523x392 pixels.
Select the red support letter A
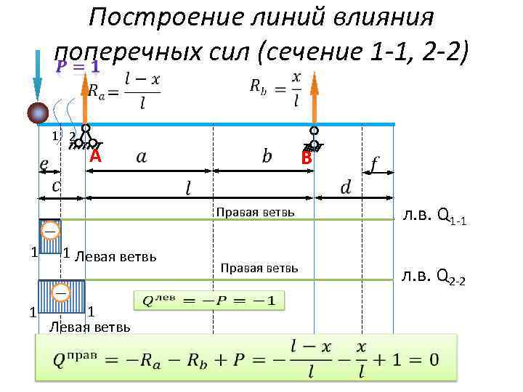click(94, 158)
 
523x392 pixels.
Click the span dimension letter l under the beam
click(188, 188)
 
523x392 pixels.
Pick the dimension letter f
click(373, 166)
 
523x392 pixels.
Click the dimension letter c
click(56, 185)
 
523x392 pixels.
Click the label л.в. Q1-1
click(437, 216)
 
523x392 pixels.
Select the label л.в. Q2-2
click(437, 275)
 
